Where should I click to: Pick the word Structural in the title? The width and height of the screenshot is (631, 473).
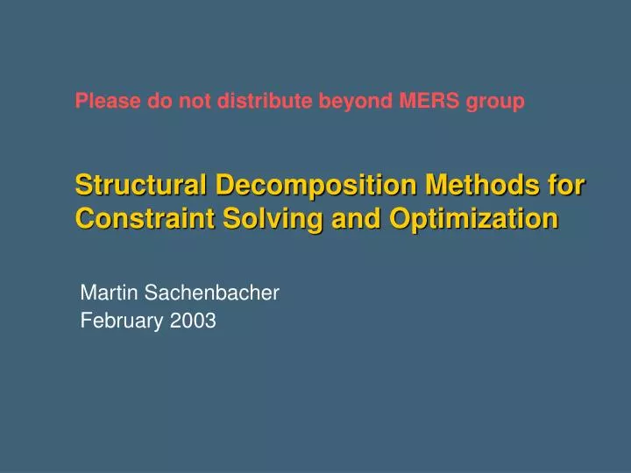point(141,186)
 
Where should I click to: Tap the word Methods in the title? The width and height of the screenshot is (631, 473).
point(471,186)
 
